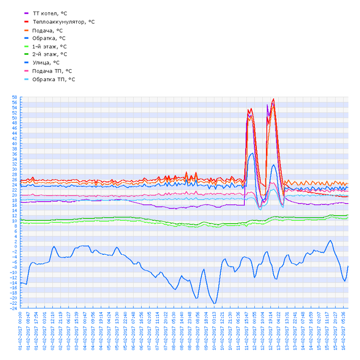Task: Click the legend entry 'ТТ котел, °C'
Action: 53,13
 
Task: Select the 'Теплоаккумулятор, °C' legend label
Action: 63,22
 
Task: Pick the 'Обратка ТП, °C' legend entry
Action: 53,79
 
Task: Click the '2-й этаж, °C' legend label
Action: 49,54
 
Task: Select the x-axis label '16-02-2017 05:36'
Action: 344,331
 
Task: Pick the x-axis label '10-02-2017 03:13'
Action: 215,331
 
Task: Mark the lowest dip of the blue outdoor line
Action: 215,303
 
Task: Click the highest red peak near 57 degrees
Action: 274,99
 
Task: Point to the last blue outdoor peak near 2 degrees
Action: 330,240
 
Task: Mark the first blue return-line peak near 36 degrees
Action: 252,153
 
